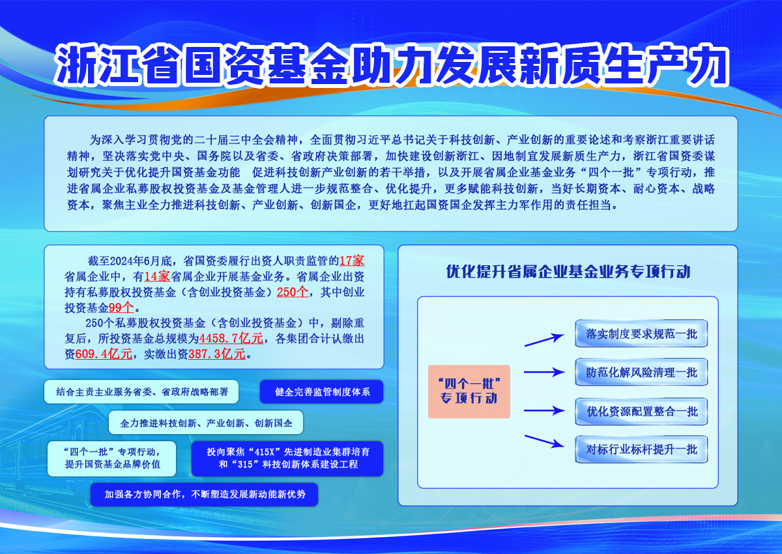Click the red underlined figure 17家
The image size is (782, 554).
351,261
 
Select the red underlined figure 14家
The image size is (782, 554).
157,276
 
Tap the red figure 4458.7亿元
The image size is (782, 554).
231,338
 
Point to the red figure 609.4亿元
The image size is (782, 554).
104,354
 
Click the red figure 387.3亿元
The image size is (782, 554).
217,354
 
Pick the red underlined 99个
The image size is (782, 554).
121,308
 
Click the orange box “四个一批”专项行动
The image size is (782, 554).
469,391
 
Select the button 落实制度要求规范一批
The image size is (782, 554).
641,334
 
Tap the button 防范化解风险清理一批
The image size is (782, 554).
641,372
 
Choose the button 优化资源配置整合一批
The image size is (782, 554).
641,411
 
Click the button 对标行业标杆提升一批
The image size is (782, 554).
641,449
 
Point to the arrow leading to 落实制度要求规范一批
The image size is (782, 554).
544,340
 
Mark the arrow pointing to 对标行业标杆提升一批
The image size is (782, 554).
544,441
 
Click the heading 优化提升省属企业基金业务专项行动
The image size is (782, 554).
568,272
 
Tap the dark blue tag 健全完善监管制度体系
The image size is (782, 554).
321,392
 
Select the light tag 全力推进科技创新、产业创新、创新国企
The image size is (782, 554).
206,423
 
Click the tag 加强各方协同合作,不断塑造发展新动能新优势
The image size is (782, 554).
204,494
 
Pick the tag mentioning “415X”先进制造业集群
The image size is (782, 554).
287,458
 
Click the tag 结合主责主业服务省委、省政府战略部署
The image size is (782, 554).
141,392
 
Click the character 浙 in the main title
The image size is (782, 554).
76,65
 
